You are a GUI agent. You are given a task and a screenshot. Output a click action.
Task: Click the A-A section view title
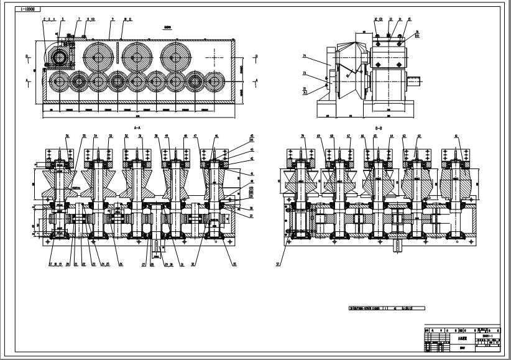137,127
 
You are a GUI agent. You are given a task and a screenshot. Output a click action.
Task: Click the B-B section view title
377,127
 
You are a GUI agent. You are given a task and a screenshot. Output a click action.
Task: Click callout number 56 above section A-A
67,136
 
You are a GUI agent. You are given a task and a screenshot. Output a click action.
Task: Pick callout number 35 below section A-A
234,264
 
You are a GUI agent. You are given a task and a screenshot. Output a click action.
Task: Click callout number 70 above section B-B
302,136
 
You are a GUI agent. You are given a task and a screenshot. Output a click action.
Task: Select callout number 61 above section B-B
458,136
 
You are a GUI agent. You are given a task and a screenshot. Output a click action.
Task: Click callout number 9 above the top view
112,19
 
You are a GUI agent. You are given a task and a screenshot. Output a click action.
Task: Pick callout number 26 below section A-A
121,264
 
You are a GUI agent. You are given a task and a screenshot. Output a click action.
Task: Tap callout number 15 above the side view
410,19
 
